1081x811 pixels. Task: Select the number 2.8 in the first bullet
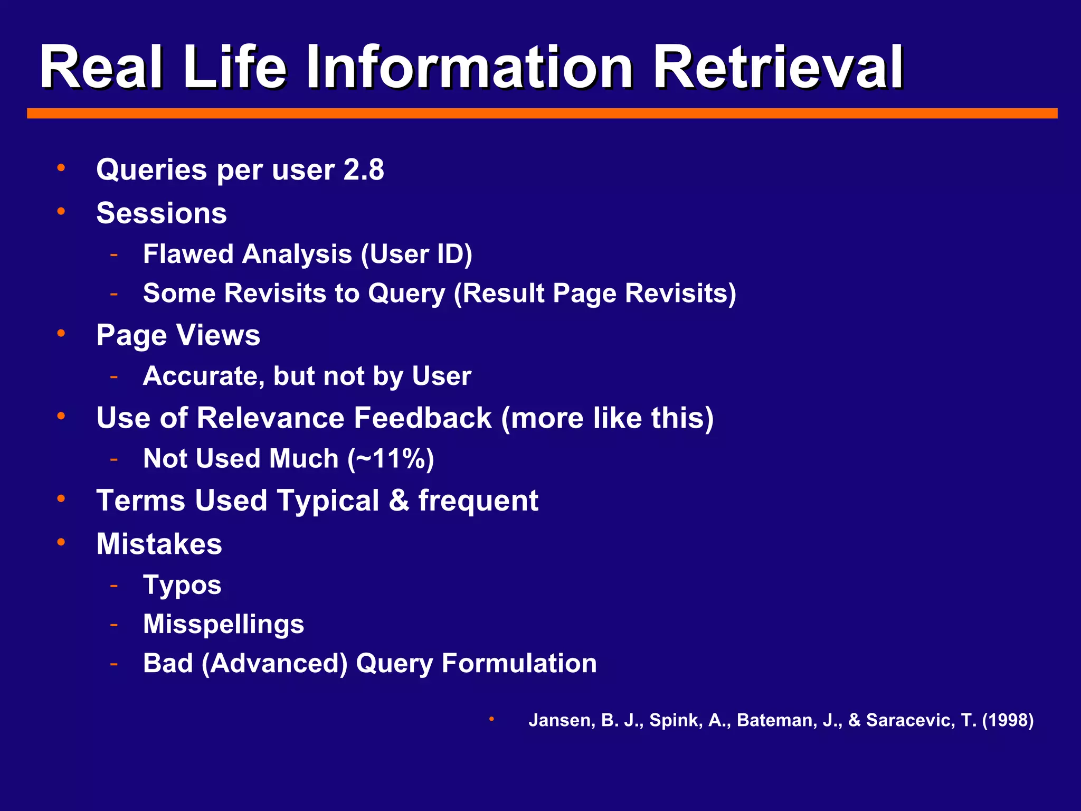point(364,170)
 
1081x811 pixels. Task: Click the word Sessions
point(162,213)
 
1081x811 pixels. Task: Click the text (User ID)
point(416,254)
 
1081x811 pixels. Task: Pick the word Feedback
point(423,418)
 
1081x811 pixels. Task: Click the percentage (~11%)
point(391,459)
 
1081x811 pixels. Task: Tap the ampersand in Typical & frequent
point(399,501)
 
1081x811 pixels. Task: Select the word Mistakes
point(159,544)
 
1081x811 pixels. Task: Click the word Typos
point(182,585)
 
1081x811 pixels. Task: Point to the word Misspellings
point(224,624)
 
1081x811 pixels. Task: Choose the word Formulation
point(519,663)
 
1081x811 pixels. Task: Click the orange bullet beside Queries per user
point(61,168)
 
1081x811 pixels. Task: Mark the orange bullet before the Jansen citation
point(491,719)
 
